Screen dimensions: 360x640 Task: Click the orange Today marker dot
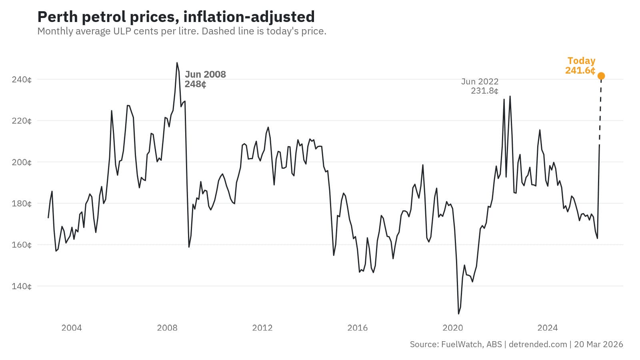click(601, 76)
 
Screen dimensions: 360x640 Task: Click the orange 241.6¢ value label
click(580, 70)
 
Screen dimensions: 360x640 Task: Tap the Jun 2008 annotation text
click(205, 74)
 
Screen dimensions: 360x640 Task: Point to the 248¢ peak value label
click(195, 84)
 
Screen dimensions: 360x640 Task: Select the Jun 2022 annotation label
click(480, 82)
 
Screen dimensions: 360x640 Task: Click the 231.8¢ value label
click(484, 91)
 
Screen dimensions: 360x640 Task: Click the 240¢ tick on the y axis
click(22, 80)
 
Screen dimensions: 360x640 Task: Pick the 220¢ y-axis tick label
click(22, 121)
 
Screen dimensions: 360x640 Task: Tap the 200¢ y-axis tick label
click(22, 162)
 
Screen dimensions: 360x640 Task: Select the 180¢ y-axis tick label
click(22, 204)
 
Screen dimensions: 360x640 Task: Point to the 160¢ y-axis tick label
click(22, 245)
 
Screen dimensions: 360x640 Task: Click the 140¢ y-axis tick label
click(22, 286)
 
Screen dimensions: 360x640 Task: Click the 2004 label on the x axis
click(72, 328)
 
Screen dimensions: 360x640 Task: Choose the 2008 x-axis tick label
click(167, 328)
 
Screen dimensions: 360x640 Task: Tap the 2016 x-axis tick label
click(357, 328)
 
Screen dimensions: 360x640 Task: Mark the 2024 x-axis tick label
click(548, 328)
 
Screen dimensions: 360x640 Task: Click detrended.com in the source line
click(538, 344)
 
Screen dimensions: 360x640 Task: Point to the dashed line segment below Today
click(600, 112)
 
